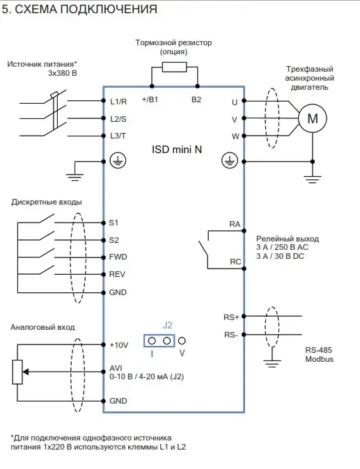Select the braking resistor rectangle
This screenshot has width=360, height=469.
pyautogui.click(x=174, y=67)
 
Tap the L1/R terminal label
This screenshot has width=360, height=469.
pyautogui.click(x=118, y=102)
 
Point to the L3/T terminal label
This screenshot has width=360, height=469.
pyautogui.click(x=118, y=136)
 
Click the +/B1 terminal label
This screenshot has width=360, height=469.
pyautogui.click(x=150, y=100)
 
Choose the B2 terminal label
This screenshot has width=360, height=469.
pyautogui.click(x=196, y=100)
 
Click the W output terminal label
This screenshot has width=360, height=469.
pyautogui.click(x=235, y=136)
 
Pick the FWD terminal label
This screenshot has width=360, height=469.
pyautogui.click(x=118, y=257)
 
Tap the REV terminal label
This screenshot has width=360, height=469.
pyautogui.click(x=117, y=274)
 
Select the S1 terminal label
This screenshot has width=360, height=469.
pyautogui.click(x=114, y=223)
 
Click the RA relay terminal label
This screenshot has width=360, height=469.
pyautogui.click(x=235, y=224)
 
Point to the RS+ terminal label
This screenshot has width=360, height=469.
pyautogui.click(x=231, y=317)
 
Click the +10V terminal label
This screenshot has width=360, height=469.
pyautogui.click(x=119, y=345)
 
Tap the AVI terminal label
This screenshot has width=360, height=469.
pyautogui.click(x=116, y=368)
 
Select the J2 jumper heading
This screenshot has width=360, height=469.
pyautogui.click(x=168, y=325)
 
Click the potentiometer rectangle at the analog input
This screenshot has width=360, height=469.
pyautogui.click(x=17, y=372)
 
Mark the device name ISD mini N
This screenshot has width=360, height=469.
pyautogui.click(x=177, y=149)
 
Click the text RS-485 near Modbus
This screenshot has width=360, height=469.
pyautogui.click(x=319, y=350)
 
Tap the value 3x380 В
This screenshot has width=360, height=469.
pyautogui.click(x=62, y=73)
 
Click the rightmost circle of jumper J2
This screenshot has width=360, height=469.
pyautogui.click(x=182, y=341)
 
